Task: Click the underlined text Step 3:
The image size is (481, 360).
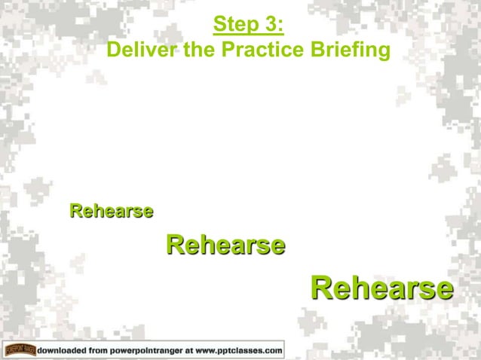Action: (248, 26)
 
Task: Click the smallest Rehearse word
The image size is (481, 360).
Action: (112, 211)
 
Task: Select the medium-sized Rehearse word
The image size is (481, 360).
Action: (225, 245)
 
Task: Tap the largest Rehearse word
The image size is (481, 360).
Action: (381, 288)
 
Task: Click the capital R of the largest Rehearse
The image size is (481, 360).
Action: (320, 288)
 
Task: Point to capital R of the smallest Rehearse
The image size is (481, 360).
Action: (75, 211)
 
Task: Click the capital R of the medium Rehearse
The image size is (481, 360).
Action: (174, 245)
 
